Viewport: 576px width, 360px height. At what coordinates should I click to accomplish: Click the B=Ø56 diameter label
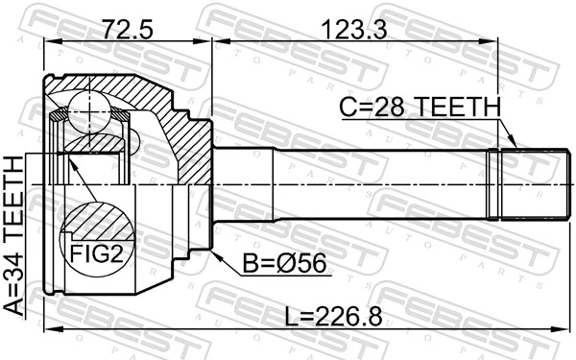point(276,260)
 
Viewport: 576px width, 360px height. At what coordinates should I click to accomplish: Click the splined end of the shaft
point(522,184)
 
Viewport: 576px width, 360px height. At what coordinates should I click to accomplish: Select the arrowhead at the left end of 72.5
point(50,41)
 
